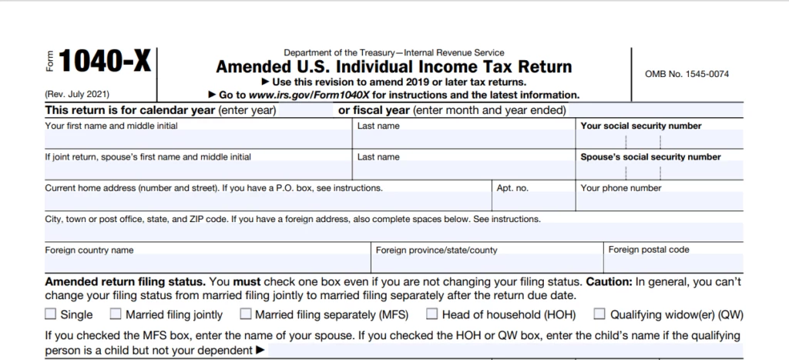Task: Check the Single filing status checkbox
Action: click(x=51, y=315)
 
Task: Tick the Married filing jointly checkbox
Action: click(x=116, y=315)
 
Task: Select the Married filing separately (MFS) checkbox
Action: click(x=245, y=315)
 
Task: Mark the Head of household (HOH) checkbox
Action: click(x=432, y=315)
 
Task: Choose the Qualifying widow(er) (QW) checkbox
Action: click(x=599, y=315)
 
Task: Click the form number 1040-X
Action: click(x=104, y=62)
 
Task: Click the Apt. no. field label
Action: click(x=512, y=188)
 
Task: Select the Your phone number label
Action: click(x=621, y=188)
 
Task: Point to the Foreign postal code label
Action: click(x=649, y=250)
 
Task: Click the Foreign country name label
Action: click(x=89, y=251)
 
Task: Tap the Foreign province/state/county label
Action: click(x=436, y=251)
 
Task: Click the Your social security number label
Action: click(x=641, y=126)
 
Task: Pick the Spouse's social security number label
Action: click(x=650, y=157)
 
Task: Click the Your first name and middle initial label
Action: click(x=111, y=126)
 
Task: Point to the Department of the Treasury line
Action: click(x=394, y=52)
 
